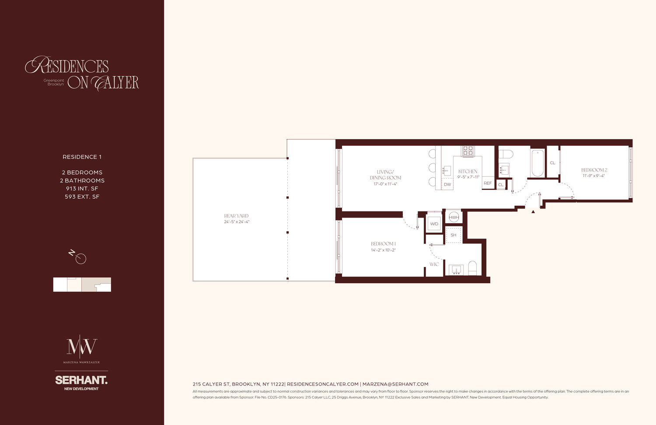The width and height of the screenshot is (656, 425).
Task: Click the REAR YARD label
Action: (236, 216)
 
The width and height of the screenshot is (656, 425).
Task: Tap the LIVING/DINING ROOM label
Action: (385, 175)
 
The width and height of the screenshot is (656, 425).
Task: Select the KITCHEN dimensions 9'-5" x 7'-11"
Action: (468, 177)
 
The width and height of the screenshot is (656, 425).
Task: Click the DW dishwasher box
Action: (447, 184)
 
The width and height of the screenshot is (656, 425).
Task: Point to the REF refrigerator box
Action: (488, 183)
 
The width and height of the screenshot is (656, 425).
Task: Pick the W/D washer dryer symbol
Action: (434, 224)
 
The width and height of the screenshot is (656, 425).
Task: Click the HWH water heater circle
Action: (454, 217)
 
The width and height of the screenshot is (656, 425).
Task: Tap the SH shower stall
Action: (454, 235)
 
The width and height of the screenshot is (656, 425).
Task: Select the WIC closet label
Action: (434, 264)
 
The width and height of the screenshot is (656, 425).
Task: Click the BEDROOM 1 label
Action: (383, 244)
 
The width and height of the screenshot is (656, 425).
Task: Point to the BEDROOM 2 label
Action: (594, 170)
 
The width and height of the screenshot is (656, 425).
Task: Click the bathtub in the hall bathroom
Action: (537, 163)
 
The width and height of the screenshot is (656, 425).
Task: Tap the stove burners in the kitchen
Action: (468, 151)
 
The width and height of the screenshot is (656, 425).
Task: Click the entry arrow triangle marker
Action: (533, 212)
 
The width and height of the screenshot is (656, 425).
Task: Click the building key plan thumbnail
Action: (82, 285)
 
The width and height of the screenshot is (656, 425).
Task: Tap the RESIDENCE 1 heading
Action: (82, 157)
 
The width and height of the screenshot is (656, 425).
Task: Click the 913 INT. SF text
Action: (82, 189)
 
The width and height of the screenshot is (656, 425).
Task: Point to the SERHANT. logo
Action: (81, 380)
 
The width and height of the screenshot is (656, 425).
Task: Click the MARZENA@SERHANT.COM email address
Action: (395, 384)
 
